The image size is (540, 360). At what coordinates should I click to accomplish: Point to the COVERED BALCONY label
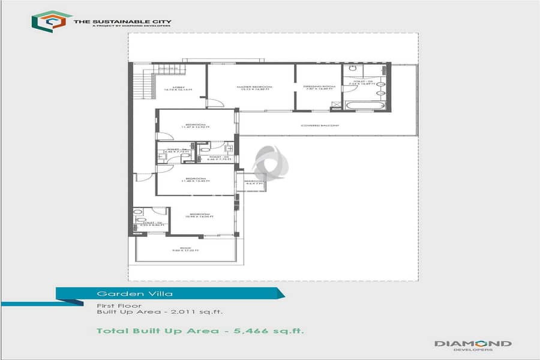tap(320, 125)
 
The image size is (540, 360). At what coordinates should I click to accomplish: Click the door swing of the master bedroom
tap(215, 103)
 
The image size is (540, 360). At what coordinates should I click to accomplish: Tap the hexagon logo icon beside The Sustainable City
tap(52, 21)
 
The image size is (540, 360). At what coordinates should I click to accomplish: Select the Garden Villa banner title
tap(118, 294)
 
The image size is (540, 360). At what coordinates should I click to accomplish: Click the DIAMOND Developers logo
tap(473, 344)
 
